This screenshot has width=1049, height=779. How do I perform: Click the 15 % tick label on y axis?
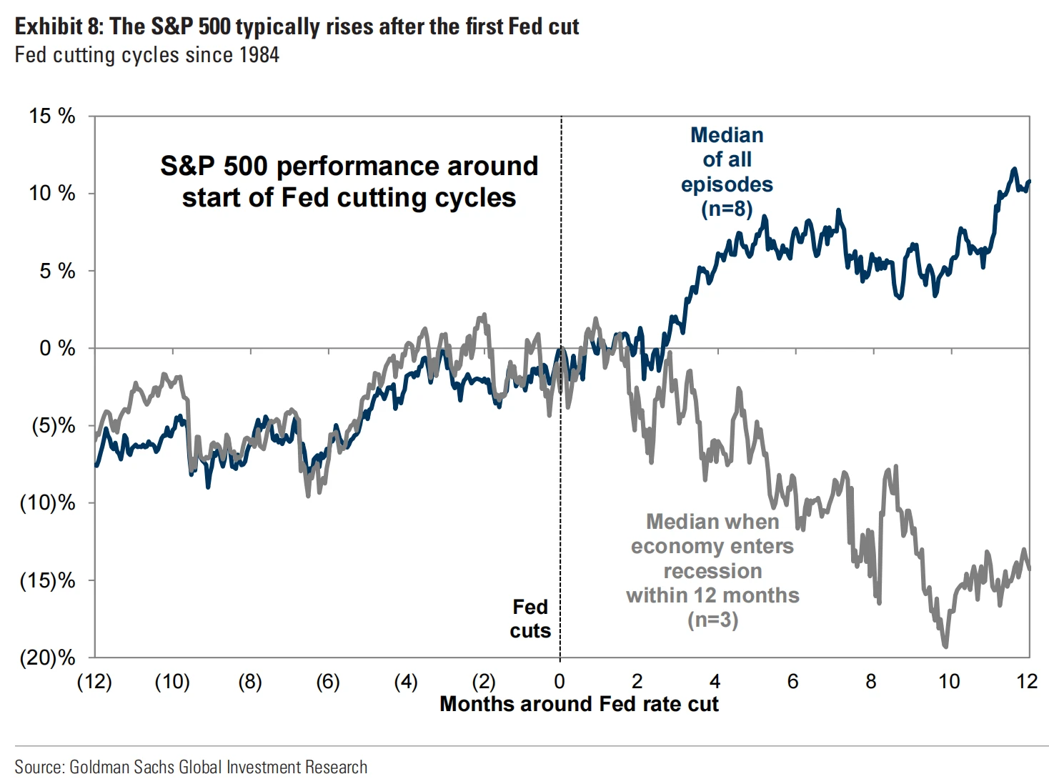(x=51, y=116)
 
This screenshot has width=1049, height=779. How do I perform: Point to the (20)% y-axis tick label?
(x=47, y=658)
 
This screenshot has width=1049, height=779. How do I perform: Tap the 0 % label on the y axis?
(x=57, y=348)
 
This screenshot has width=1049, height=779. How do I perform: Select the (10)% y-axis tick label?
(x=47, y=503)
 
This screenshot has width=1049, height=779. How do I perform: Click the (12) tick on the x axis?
(x=94, y=682)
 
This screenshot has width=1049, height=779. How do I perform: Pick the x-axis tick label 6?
(x=792, y=682)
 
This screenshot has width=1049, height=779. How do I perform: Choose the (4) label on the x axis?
(x=406, y=682)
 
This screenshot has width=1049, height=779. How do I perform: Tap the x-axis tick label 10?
(x=948, y=682)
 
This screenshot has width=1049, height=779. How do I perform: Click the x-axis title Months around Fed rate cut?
(x=579, y=704)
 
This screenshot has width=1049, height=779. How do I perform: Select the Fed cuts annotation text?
(x=530, y=619)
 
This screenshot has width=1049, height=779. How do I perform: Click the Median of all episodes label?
(x=727, y=159)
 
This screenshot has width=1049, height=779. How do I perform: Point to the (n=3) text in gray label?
(x=712, y=620)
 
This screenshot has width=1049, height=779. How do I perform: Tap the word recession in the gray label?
(x=712, y=571)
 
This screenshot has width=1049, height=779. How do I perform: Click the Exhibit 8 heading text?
(x=297, y=26)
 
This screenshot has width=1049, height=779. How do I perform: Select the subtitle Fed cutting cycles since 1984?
(x=146, y=55)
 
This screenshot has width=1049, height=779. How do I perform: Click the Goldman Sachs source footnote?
(x=191, y=767)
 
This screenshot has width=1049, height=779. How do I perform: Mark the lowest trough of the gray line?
(x=946, y=647)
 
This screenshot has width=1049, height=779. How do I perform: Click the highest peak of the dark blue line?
(x=1013, y=169)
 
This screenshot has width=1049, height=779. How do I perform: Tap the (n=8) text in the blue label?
(x=727, y=209)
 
